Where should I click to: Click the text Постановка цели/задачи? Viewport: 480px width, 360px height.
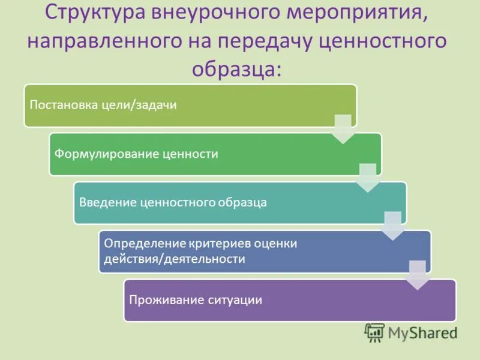[103, 105]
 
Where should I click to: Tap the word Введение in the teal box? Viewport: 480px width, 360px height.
[106, 202]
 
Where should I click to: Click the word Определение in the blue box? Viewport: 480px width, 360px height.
[142, 244]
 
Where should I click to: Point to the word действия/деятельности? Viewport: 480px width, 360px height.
[175, 259]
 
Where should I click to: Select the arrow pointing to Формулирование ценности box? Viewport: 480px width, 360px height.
[343, 129]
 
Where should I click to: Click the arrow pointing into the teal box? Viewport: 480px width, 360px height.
[367, 178]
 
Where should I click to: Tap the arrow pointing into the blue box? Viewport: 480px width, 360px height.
[392, 226]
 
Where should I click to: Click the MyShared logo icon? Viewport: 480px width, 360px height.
[374, 332]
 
